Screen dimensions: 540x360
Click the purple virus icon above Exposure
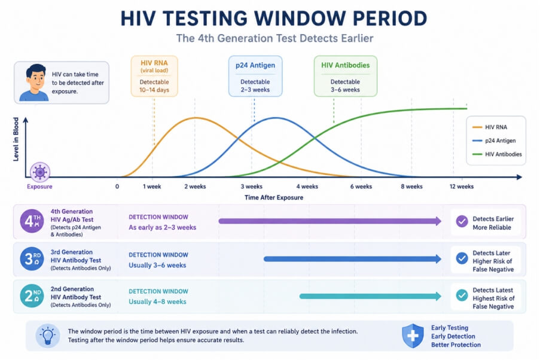click(40, 172)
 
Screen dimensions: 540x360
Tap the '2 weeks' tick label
click(195, 187)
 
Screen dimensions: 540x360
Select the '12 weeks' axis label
click(462, 187)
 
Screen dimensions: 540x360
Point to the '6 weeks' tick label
click(361, 187)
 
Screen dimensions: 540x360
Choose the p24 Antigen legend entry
click(494, 141)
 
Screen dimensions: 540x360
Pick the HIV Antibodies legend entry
click(497, 154)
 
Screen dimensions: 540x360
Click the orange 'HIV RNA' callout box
click(154, 76)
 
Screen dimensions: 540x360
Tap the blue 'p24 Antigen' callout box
click(255, 76)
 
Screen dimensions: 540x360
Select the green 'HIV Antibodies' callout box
click(346, 76)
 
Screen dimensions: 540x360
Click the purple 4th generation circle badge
click(32, 221)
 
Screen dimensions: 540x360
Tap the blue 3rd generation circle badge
click(32, 259)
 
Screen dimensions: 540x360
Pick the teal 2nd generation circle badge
click(32, 295)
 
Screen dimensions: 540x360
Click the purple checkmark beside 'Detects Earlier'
click(462, 221)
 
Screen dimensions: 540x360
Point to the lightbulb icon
click(47, 335)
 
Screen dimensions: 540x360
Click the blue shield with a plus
click(413, 335)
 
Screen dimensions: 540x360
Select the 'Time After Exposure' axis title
click(274, 197)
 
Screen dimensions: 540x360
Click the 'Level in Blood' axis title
click(16, 139)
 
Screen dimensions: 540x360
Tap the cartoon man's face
click(36, 80)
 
